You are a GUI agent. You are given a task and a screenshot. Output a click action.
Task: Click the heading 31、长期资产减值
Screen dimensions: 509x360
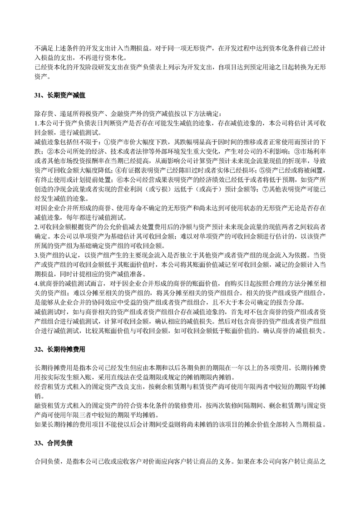60,96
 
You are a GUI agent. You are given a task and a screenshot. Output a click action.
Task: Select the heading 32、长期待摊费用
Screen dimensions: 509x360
60,350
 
